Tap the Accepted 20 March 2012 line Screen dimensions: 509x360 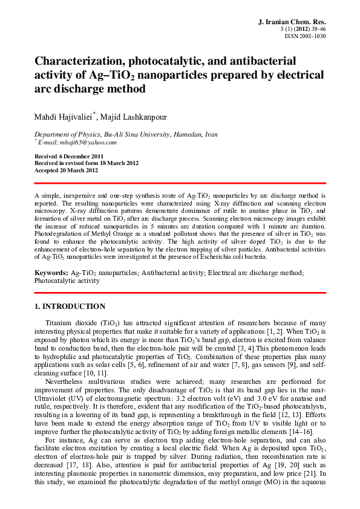67,170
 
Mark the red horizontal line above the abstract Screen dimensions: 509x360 180,183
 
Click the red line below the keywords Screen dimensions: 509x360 180,293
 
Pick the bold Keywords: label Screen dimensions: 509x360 51,273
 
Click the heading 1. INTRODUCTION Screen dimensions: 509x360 70,306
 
